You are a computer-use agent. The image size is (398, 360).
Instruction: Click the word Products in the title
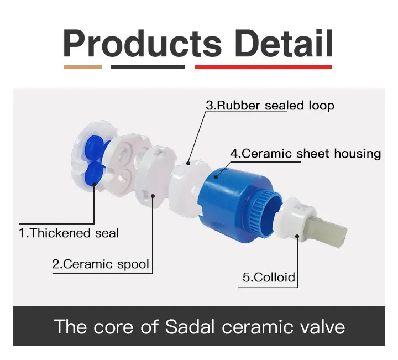pyautogui.click(x=143, y=44)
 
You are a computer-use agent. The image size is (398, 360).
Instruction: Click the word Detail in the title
pyautogui.click(x=284, y=43)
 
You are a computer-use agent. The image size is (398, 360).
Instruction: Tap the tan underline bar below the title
pyautogui.click(x=83, y=67)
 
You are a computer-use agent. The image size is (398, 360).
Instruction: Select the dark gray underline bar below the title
pyautogui.click(x=148, y=67)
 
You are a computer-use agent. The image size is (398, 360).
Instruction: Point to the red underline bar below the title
pyautogui.click(x=264, y=67)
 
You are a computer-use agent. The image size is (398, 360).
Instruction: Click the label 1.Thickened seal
pyautogui.click(x=69, y=233)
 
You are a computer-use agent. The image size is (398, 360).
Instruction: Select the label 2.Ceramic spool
pyautogui.click(x=101, y=264)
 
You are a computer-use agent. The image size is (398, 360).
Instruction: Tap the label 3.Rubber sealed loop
pyautogui.click(x=270, y=106)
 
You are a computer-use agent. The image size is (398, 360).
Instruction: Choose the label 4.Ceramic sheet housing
pyautogui.click(x=306, y=154)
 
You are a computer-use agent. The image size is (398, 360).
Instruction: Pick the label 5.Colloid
pyautogui.click(x=269, y=277)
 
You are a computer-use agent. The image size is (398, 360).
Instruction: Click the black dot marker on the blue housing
pyautogui.click(x=216, y=177)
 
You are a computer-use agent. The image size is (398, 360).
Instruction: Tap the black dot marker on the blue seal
pyautogui.click(x=94, y=184)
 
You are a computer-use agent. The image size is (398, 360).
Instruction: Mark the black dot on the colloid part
pyautogui.click(x=297, y=237)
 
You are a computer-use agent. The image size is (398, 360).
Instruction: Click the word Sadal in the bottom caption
pyautogui.click(x=190, y=326)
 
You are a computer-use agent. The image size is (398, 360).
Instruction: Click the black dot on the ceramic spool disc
pyautogui.click(x=153, y=196)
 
